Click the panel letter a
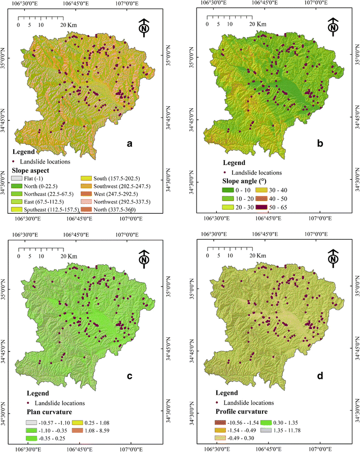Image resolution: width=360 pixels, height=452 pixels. click(x=130, y=145)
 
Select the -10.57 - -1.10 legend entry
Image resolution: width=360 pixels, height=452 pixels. click(x=39, y=423)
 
